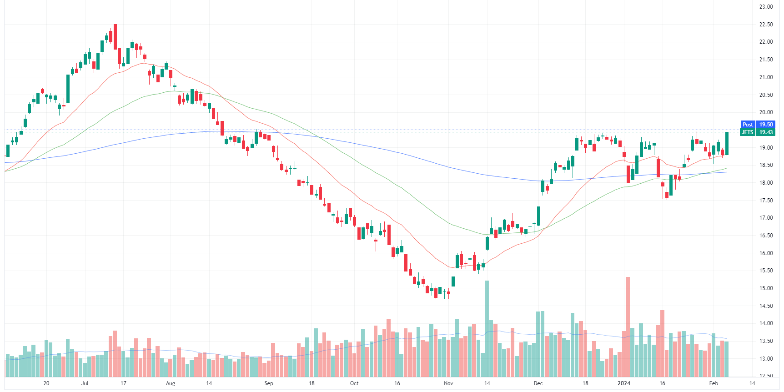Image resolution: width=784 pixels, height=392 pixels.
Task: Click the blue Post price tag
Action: pyautogui.click(x=748, y=125)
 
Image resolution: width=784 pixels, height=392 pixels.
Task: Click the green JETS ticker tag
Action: pyautogui.click(x=748, y=132)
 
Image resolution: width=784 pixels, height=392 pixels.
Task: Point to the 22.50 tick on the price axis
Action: pyautogui.click(x=766, y=25)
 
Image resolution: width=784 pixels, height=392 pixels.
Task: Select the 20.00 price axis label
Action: pyautogui.click(x=766, y=112)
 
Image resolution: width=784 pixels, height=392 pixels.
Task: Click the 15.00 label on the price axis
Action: pyautogui.click(x=766, y=288)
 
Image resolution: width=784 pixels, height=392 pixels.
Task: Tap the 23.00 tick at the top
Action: pyautogui.click(x=766, y=7)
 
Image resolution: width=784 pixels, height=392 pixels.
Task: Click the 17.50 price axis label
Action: pyautogui.click(x=766, y=201)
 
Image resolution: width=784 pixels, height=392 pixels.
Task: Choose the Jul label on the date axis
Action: pyautogui.click(x=85, y=383)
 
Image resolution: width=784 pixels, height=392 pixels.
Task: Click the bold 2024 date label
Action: pyautogui.click(x=623, y=383)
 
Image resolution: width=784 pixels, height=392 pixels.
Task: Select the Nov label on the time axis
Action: pyautogui.click(x=448, y=383)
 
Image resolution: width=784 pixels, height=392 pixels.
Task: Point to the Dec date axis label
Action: pyautogui.click(x=538, y=383)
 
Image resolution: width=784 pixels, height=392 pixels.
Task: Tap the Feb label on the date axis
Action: pyautogui.click(x=714, y=383)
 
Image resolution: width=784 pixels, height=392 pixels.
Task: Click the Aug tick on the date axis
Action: pyautogui.click(x=170, y=383)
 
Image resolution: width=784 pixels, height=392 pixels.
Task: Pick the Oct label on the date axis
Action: pyautogui.click(x=354, y=383)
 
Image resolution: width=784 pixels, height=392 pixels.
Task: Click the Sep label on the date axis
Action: pyautogui.click(x=269, y=383)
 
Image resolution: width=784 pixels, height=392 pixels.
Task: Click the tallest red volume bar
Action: pyautogui.click(x=628, y=327)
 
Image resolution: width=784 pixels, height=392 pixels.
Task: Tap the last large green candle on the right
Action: pyautogui.click(x=727, y=143)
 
